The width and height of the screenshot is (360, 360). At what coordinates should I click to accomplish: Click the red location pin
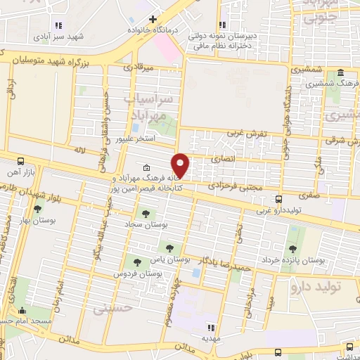[181, 165]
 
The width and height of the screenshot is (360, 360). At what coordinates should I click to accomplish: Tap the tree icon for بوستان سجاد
[146, 212]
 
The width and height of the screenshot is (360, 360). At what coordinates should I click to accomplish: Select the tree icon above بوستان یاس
[168, 246]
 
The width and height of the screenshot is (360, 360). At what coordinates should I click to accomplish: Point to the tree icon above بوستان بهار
[37, 209]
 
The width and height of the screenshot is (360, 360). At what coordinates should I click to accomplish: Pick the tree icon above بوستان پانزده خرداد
[292, 248]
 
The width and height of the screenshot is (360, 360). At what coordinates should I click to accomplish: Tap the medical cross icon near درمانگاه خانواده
[152, 19]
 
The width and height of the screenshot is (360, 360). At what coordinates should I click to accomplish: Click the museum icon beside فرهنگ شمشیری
[340, 73]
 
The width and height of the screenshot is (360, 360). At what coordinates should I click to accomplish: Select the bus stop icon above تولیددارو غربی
[279, 199]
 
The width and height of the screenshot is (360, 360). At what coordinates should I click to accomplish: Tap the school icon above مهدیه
[210, 326]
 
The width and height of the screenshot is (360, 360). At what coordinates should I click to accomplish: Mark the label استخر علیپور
[136, 139]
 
